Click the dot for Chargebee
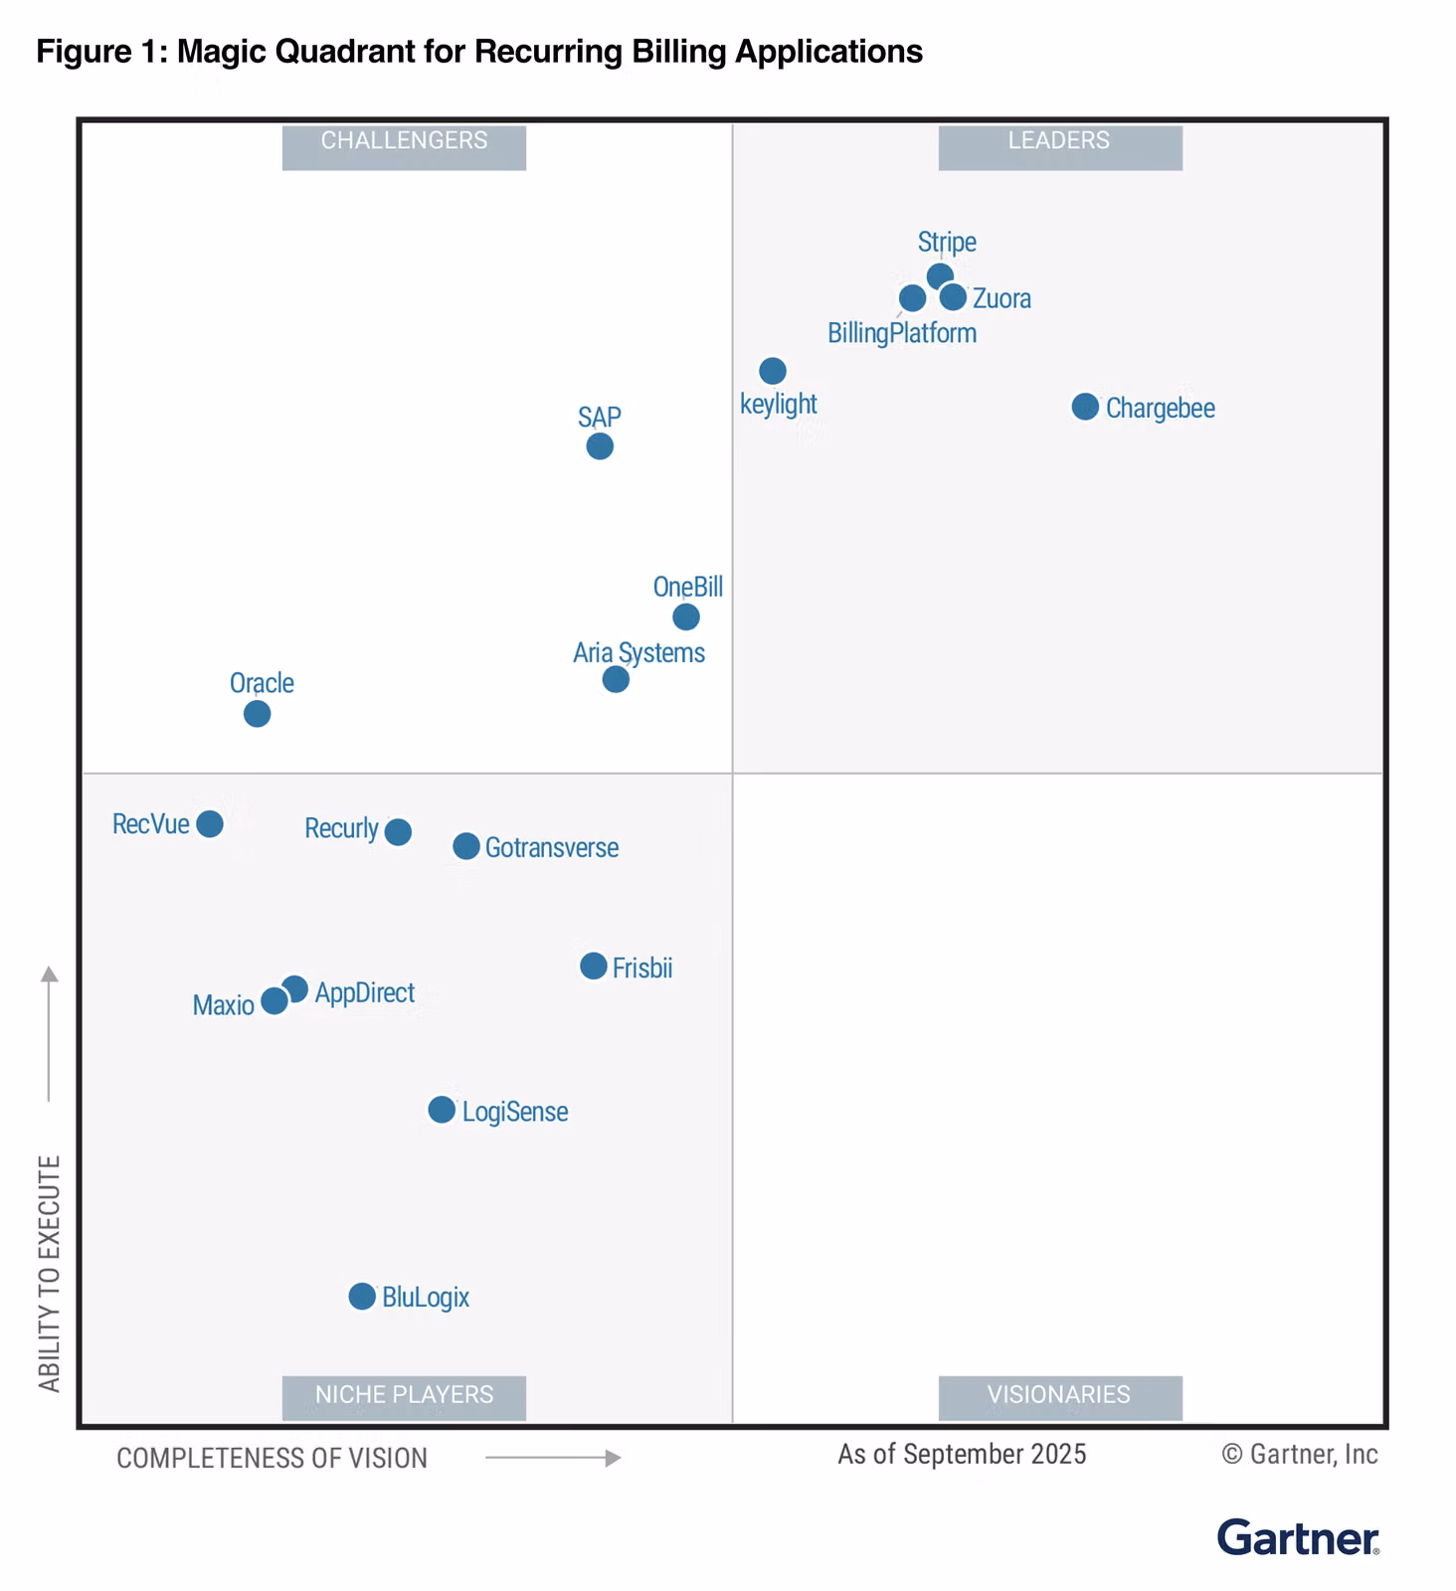(1085, 407)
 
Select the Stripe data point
(940, 275)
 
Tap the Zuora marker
(953, 296)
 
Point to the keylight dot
(773, 371)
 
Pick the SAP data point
(600, 446)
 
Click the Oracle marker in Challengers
(257, 714)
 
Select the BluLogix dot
(362, 1297)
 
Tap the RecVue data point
(210, 823)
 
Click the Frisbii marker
(594, 966)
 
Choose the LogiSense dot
(442, 1110)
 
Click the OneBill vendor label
(687, 587)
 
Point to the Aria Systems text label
(638, 652)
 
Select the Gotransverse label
(552, 847)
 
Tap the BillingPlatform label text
(902, 333)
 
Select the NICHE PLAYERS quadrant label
(404, 1396)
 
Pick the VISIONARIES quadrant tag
(1060, 1396)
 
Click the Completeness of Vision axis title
(272, 1458)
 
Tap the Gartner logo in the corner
(1298, 1537)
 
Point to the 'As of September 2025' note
(962, 1454)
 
